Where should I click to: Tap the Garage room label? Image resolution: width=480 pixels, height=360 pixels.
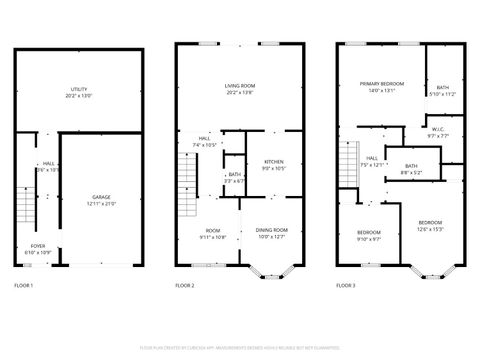click(x=102, y=200)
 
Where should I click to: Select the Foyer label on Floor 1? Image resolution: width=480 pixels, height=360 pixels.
click(x=37, y=246)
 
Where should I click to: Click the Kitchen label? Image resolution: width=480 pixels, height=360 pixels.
click(x=273, y=166)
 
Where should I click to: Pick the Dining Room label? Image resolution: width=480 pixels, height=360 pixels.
click(x=271, y=233)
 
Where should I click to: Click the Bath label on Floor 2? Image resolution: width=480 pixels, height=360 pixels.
click(x=233, y=178)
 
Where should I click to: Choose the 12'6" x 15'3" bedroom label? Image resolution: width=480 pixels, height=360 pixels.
click(x=430, y=225)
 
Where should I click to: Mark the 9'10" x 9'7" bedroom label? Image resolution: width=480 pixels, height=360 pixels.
click(x=368, y=236)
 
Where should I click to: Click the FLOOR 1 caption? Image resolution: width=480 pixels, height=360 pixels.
click(x=24, y=286)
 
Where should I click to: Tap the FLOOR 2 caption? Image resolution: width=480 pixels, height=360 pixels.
click(x=185, y=286)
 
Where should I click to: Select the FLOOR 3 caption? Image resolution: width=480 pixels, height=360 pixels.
click(x=345, y=286)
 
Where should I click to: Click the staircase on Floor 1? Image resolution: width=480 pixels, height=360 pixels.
click(x=27, y=208)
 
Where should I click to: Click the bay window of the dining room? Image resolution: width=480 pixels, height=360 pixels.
click(x=269, y=269)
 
